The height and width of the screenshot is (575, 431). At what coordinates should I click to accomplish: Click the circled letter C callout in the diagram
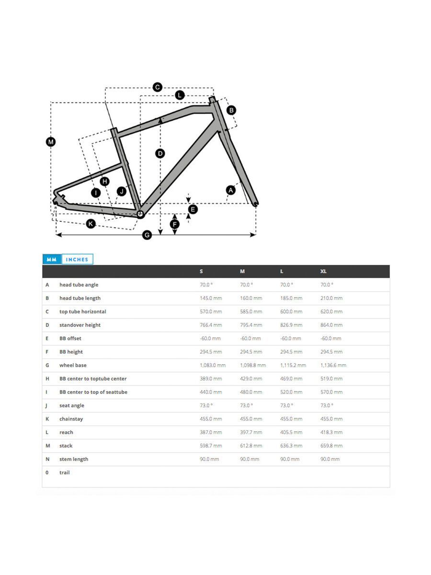tap(157, 87)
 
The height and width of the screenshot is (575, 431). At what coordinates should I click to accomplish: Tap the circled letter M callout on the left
tap(51, 141)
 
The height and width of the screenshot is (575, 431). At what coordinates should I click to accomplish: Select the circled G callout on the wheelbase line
tap(147, 235)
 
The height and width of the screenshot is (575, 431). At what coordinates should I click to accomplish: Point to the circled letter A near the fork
tap(231, 190)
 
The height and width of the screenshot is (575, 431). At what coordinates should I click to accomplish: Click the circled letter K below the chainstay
tap(91, 223)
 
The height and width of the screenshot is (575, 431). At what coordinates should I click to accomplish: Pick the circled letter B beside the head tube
tap(231, 110)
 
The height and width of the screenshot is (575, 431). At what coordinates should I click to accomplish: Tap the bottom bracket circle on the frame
tap(140, 214)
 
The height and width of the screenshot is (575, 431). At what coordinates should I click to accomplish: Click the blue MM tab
tap(51, 259)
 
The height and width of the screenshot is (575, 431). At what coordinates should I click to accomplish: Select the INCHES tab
tap(77, 259)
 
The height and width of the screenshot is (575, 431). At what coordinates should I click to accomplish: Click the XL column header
tap(324, 271)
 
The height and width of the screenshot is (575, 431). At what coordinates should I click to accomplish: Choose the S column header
tap(201, 271)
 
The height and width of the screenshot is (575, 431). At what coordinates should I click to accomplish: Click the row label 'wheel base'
tap(73, 365)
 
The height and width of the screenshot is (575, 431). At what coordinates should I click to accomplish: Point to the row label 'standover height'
tap(80, 325)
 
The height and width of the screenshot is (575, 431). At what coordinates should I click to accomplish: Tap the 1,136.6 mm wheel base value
tap(333, 365)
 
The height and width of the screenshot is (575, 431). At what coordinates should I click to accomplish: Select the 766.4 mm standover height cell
tap(211, 325)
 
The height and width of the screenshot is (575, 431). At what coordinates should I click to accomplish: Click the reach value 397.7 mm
tap(251, 432)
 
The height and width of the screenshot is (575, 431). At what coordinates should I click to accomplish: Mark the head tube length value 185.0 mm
tap(291, 298)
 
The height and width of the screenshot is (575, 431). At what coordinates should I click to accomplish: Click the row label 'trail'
tap(65, 472)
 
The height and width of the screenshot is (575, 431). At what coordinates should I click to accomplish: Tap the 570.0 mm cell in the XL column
tap(331, 392)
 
